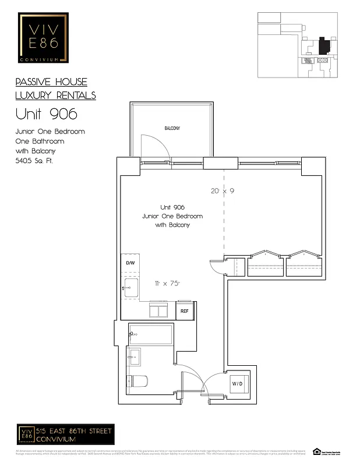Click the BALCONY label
(x=172, y=128)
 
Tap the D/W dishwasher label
(x=130, y=263)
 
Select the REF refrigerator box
(x=185, y=311)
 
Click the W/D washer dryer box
(x=238, y=384)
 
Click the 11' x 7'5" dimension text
(x=167, y=284)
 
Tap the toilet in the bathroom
(x=137, y=382)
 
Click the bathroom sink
(x=134, y=356)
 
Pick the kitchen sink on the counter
(x=130, y=287)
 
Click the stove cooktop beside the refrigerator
(x=158, y=310)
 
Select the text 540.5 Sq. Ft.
(x=34, y=160)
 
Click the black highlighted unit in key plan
(x=324, y=46)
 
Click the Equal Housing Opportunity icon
(x=317, y=451)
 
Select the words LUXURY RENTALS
(x=55, y=96)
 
